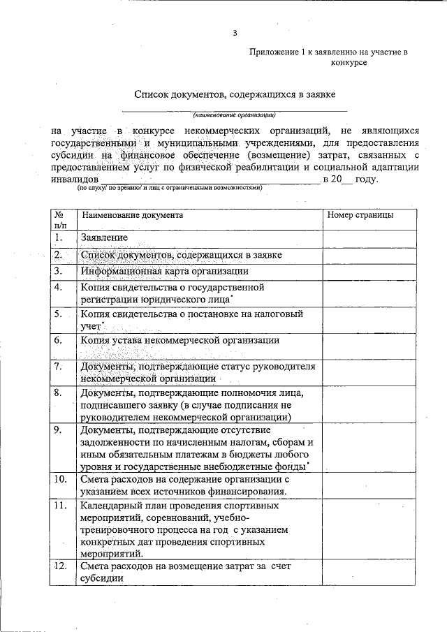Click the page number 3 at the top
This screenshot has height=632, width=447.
[235, 33]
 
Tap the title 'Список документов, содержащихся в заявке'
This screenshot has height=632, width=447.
[235, 94]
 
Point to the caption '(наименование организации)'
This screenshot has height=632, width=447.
[235, 115]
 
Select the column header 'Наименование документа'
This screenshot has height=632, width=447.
[132, 215]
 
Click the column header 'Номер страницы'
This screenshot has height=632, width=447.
[360, 215]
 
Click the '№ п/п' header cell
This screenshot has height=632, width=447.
[61, 220]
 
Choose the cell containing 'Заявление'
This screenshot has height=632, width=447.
[104, 238]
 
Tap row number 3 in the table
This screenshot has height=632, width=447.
[59, 271]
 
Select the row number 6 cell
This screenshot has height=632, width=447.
[59, 340]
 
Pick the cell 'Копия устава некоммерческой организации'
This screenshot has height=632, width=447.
[180, 341]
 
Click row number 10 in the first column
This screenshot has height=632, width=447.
[61, 479]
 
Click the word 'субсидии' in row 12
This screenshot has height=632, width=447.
[102, 579]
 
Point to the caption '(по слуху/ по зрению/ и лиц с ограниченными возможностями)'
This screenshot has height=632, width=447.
[169, 189]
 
